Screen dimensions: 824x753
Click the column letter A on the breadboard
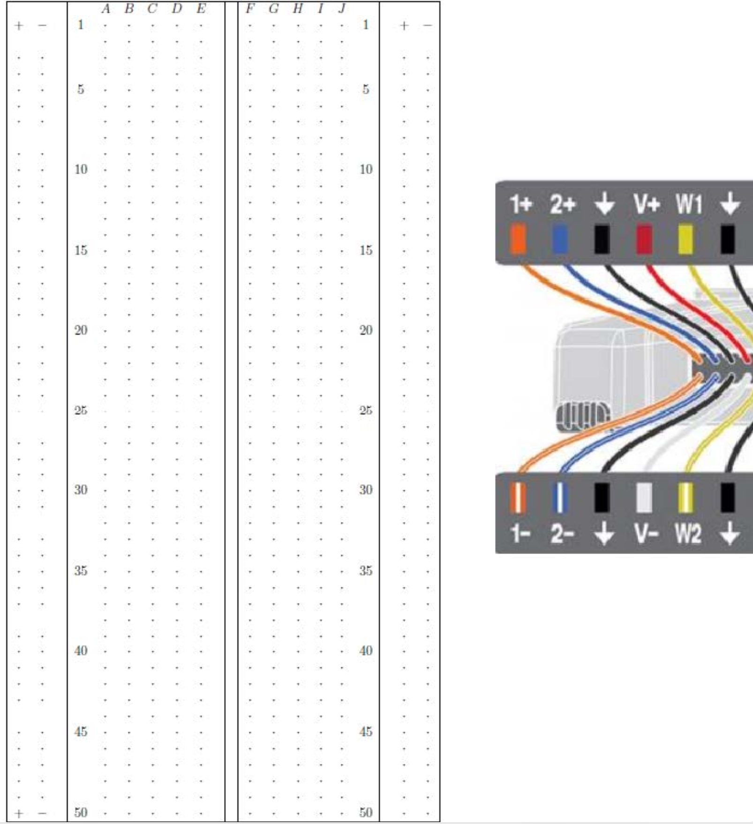105,9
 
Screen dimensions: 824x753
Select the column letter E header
201,9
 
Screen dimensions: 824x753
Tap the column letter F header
250,9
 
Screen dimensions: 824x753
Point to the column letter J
342,9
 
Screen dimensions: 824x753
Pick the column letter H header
297,9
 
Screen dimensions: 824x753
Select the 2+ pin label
562,205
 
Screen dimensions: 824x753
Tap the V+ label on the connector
647,205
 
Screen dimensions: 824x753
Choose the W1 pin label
689,205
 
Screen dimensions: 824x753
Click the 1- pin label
519,534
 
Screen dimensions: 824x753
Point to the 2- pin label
561,534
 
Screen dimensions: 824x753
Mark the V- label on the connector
645,534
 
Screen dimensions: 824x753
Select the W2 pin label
688,534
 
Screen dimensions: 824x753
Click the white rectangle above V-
644,498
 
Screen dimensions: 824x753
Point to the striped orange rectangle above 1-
518,498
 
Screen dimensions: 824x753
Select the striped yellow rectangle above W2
686,498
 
